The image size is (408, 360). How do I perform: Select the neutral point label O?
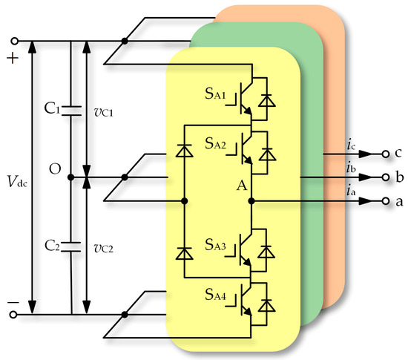[x=55, y=169]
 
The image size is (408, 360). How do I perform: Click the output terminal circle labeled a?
[x=385, y=201]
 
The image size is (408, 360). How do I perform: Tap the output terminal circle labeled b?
[x=385, y=178]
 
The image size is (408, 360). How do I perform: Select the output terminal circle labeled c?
[x=385, y=154]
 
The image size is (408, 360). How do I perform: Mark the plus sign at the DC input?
[x=11, y=59]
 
